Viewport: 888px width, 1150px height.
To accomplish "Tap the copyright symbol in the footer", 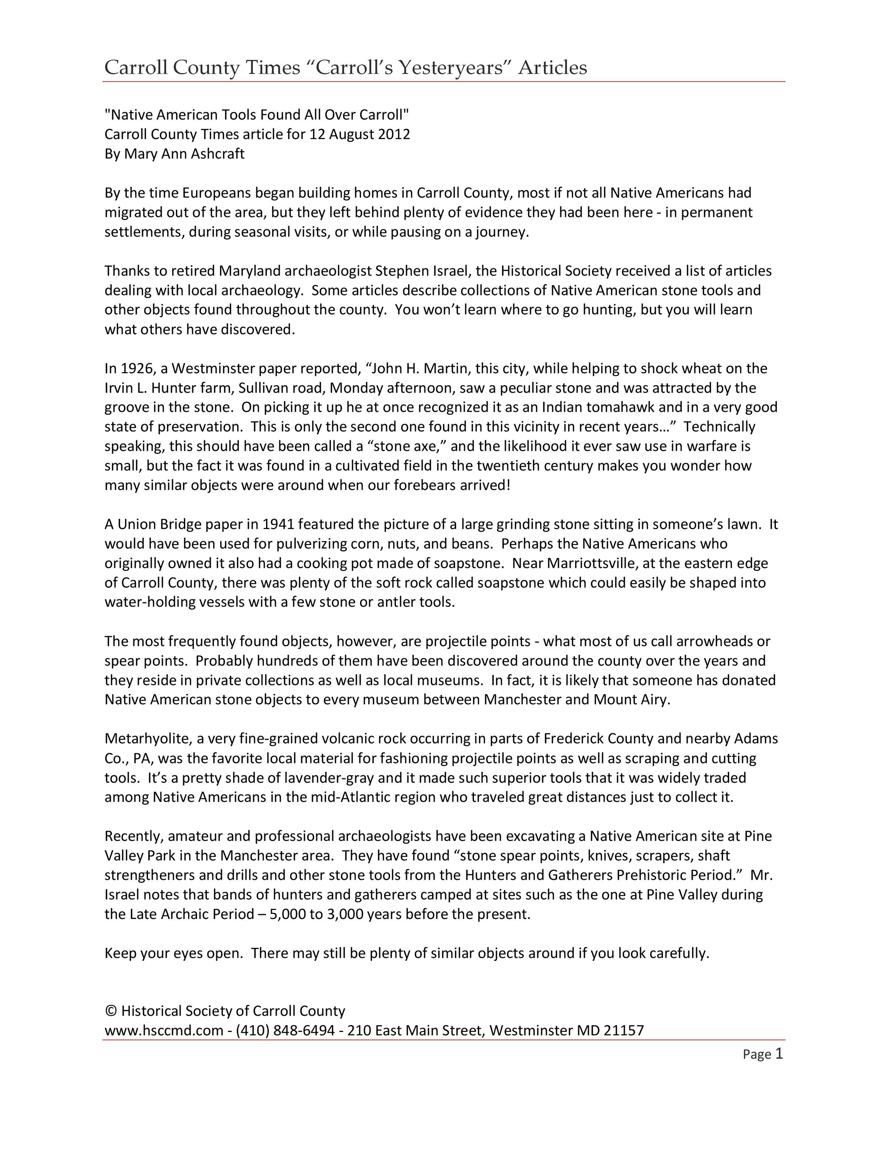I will (x=111, y=1011).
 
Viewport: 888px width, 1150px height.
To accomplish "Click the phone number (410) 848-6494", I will (x=285, y=1030).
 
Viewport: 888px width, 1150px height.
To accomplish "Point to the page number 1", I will (x=779, y=1054).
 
